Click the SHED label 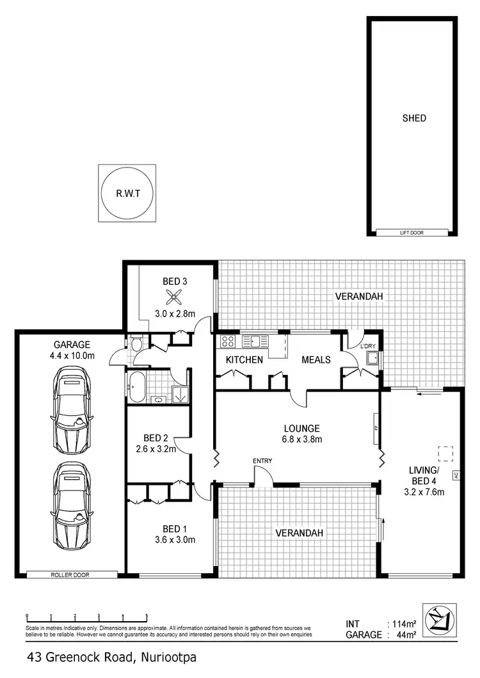(414, 118)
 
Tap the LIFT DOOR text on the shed (412, 233)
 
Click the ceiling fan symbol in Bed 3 (175, 296)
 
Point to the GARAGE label (72, 343)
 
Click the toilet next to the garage (136, 345)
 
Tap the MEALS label (316, 360)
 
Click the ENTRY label (262, 461)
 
